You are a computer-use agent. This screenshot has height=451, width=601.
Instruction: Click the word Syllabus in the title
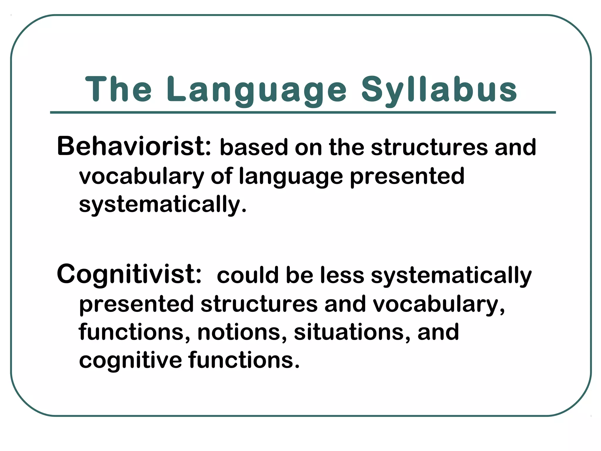(439, 90)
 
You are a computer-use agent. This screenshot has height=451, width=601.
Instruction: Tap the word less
(342, 275)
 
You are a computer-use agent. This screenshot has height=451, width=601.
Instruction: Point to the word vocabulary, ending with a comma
(439, 304)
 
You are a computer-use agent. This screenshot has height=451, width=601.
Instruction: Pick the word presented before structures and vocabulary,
(136, 304)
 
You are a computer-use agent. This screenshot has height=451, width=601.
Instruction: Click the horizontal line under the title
(303, 112)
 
